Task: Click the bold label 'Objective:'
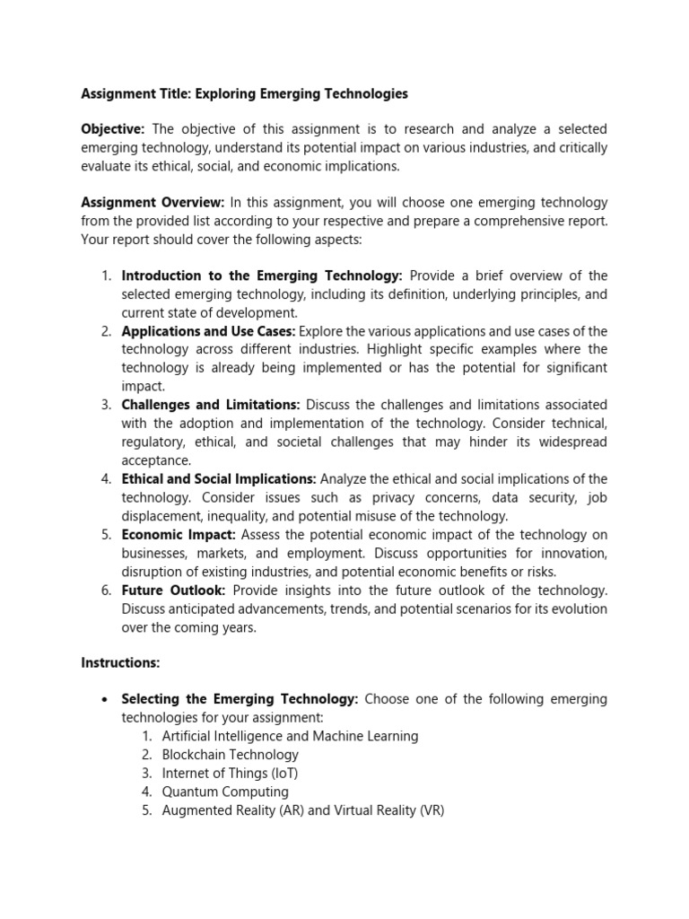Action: coord(114,130)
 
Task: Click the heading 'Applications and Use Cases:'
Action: coord(208,331)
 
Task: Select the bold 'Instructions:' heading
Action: coord(120,663)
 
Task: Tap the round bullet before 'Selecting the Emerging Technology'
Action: coord(106,700)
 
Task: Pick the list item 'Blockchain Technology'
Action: coord(231,755)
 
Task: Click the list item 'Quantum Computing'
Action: coord(225,792)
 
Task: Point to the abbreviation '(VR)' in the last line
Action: coord(427,810)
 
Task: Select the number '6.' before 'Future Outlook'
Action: coord(105,591)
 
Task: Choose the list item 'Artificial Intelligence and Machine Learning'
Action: coord(290,736)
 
